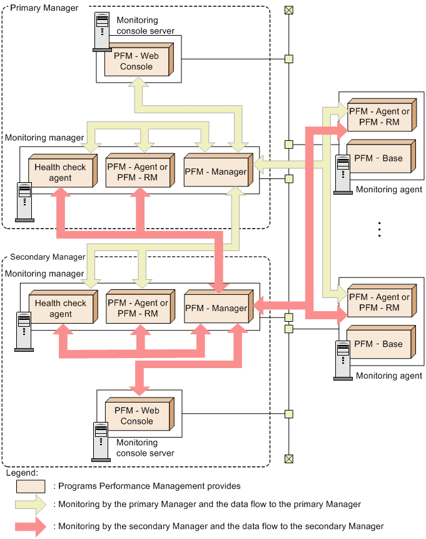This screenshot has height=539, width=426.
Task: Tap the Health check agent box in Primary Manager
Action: (x=61, y=173)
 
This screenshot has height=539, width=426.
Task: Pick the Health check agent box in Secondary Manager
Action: (x=61, y=309)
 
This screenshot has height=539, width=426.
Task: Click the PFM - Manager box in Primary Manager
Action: (x=215, y=172)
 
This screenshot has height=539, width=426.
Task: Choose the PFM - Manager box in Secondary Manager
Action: (x=216, y=308)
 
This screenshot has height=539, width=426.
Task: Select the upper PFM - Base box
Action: (x=378, y=158)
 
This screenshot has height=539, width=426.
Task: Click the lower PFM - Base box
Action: (x=378, y=344)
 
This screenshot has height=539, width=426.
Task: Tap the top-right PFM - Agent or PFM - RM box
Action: (x=379, y=116)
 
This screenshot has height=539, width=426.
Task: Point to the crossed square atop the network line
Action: (x=288, y=9)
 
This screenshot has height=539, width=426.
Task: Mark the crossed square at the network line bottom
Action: (x=288, y=459)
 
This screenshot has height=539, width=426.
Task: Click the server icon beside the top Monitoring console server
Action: (x=101, y=32)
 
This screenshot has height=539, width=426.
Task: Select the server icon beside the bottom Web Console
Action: (x=101, y=438)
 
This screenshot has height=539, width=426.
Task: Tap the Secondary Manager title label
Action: (x=48, y=257)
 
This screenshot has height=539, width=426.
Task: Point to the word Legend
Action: (x=20, y=473)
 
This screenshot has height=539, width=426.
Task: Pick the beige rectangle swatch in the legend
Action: (x=31, y=486)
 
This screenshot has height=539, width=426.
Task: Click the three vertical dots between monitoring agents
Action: (x=380, y=229)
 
